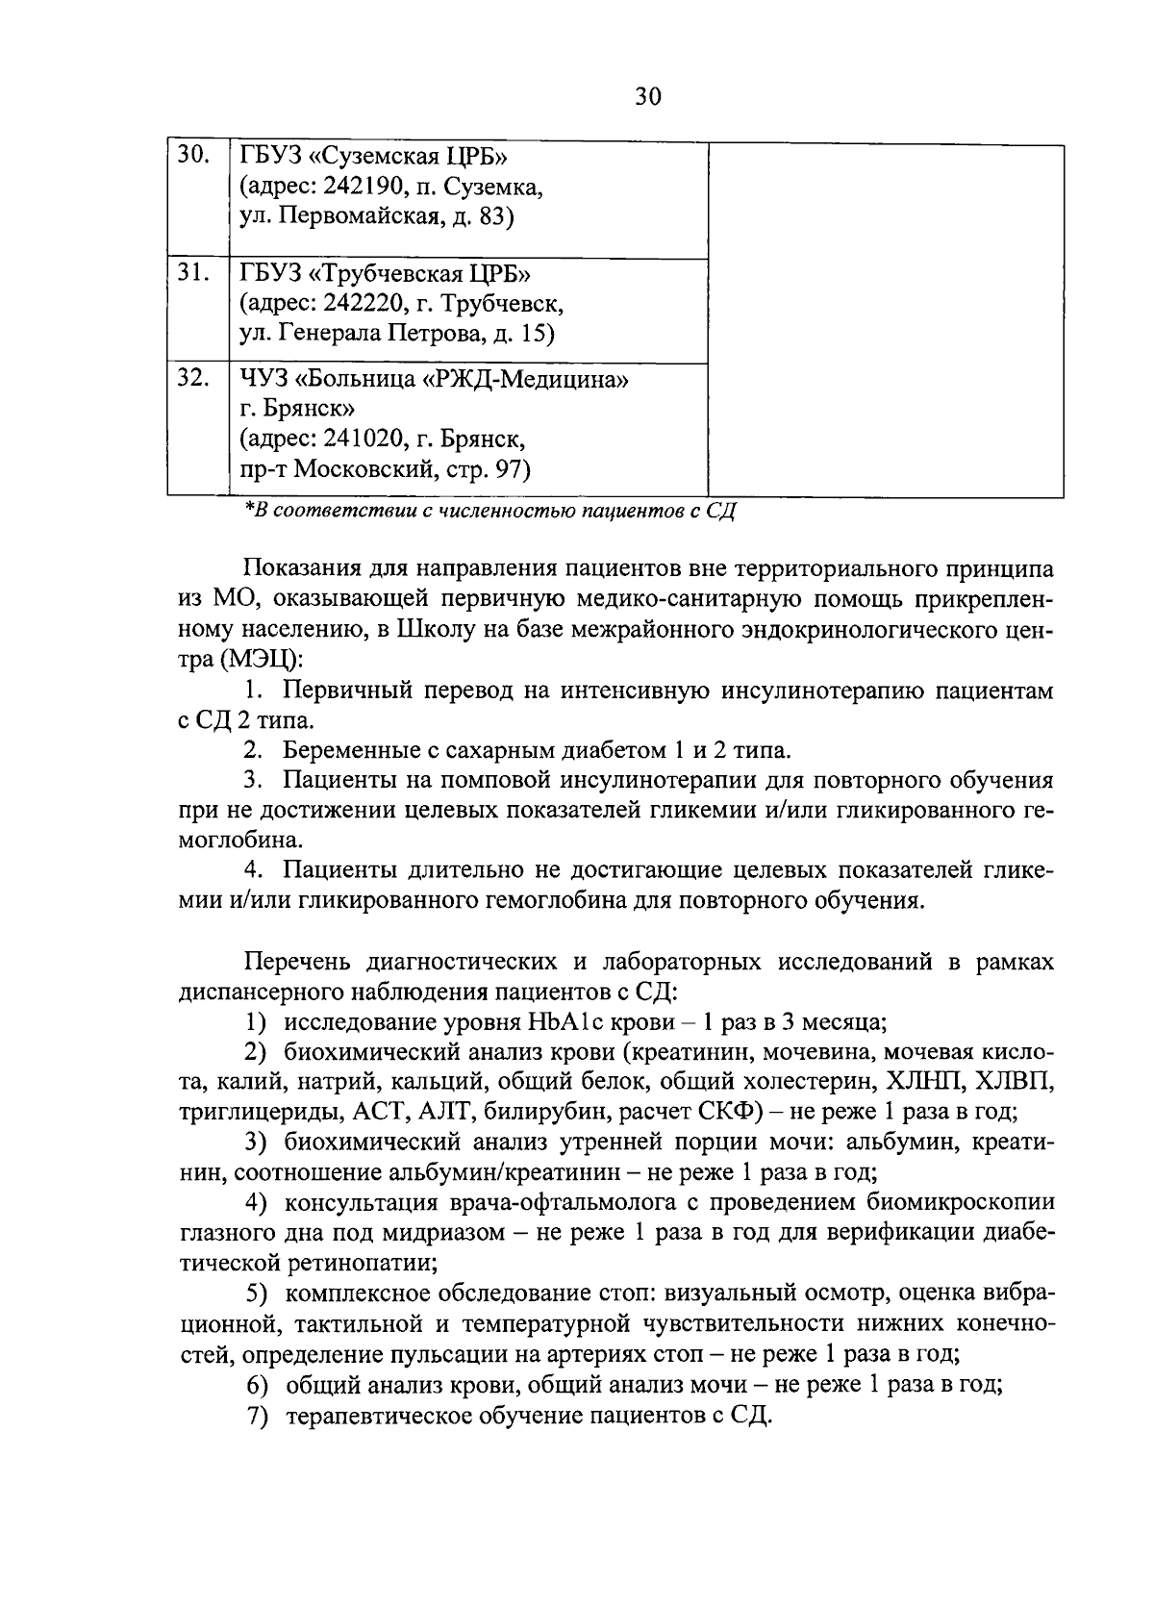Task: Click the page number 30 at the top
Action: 648,97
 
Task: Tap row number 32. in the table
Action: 193,378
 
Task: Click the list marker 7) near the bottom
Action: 257,1417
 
